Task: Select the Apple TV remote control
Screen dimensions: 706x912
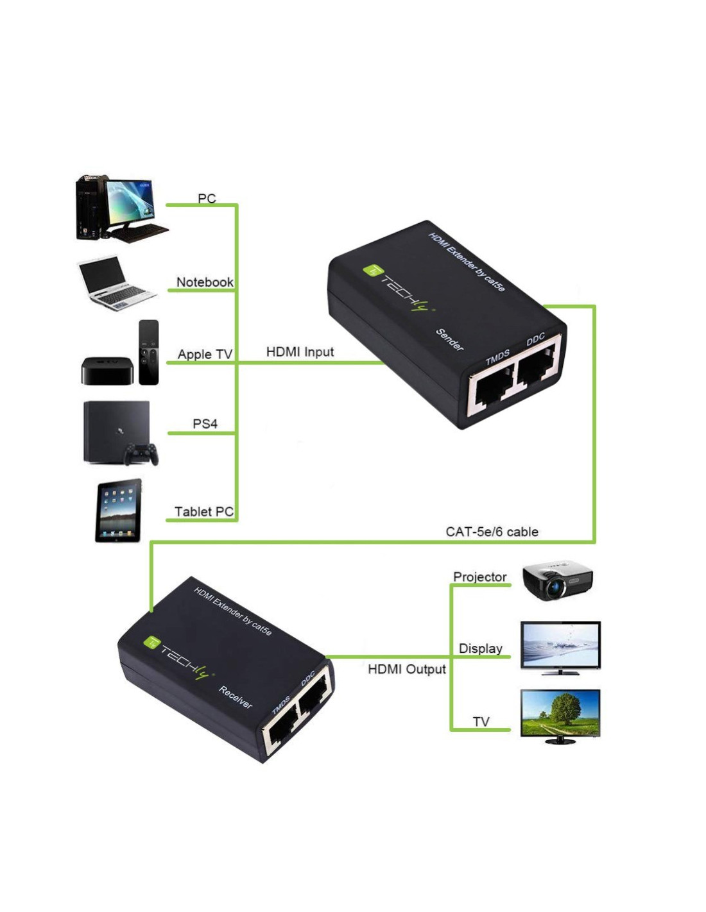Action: pos(149,351)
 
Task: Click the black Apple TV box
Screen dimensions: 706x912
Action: pos(107,371)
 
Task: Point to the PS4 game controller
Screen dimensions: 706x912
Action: pos(142,454)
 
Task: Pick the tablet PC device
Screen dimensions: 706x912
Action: pos(118,510)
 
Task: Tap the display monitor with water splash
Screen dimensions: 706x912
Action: pos(560,648)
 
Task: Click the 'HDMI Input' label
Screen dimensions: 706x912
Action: pos(300,351)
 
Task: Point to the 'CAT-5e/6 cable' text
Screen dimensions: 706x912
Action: pos(492,532)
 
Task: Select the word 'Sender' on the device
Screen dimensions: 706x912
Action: pos(449,340)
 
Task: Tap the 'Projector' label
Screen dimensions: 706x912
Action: pos(480,577)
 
